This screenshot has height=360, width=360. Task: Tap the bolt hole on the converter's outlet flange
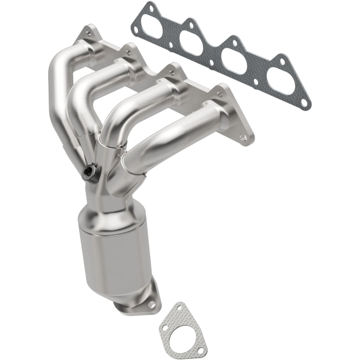pos(152,305)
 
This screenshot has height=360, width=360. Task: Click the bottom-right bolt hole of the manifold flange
pos(243,137)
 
